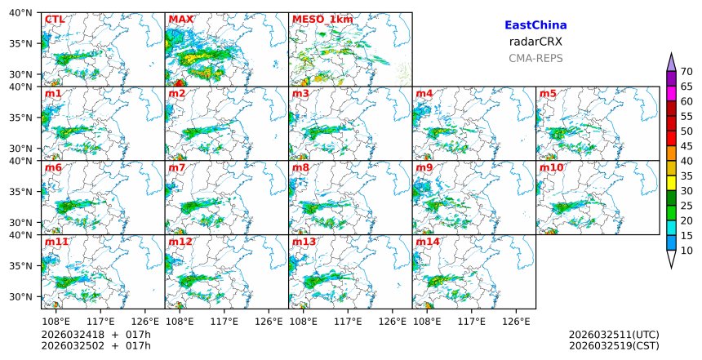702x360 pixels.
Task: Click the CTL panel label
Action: tap(55, 19)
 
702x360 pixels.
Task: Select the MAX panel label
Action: tap(180, 19)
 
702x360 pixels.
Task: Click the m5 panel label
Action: tap(548, 94)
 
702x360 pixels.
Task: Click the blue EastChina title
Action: tap(535, 26)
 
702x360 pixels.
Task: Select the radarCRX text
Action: tap(535, 42)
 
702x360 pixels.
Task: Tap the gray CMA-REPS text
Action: tap(535, 59)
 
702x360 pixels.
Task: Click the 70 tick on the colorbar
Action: tap(686, 72)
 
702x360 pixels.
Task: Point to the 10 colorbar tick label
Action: tap(686, 251)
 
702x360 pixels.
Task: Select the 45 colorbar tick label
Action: tap(686, 146)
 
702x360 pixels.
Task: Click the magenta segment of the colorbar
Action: tap(671, 93)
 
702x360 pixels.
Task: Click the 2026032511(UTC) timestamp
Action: tap(614, 335)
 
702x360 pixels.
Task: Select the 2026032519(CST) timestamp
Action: tap(614, 346)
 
